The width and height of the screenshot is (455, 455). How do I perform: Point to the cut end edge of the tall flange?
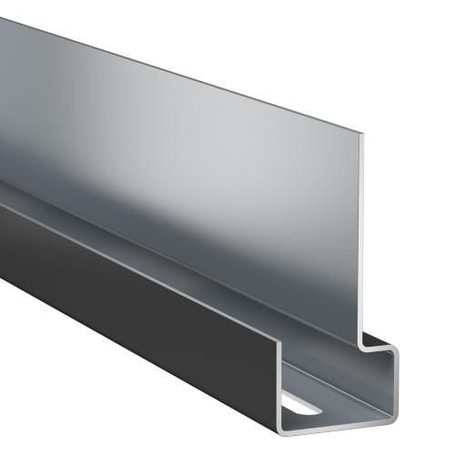click(364, 237)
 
